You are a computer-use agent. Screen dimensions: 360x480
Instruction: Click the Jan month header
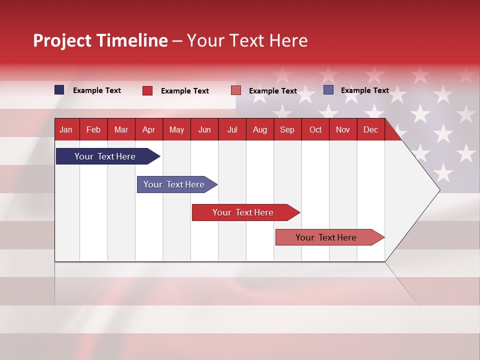pos(66,129)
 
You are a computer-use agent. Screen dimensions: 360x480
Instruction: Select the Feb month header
pos(93,129)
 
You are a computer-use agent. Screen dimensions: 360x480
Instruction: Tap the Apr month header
pos(148,129)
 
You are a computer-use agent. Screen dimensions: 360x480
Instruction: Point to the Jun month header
pos(204,129)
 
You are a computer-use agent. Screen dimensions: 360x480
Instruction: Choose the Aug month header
pos(259,129)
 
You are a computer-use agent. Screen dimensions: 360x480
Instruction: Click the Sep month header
pos(287,129)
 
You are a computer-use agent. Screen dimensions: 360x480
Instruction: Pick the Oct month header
pos(315,129)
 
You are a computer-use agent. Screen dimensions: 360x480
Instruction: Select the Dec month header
pos(370,129)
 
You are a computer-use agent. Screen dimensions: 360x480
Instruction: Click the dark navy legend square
pos(59,90)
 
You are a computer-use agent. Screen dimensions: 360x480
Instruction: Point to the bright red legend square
pos(147,90)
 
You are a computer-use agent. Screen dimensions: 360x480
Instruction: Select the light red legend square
pos(236,90)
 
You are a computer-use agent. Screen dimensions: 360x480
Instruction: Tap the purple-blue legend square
pos(328,90)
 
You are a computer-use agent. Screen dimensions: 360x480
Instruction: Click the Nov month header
pos(343,129)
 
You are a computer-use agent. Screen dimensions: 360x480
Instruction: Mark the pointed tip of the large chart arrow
pos(439,190)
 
